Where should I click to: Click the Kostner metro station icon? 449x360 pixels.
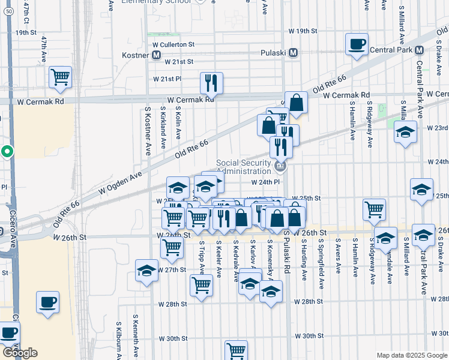(157, 55)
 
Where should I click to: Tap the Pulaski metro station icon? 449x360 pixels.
(294, 53)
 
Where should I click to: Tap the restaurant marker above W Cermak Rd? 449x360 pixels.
(211, 83)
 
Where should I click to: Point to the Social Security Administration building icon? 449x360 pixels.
(279, 166)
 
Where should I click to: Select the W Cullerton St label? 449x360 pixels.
(174, 44)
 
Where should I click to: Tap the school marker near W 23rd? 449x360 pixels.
(406, 132)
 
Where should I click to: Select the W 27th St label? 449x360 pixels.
(172, 270)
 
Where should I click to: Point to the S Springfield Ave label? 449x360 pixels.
(322, 264)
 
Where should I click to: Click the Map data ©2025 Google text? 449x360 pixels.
(411, 355)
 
